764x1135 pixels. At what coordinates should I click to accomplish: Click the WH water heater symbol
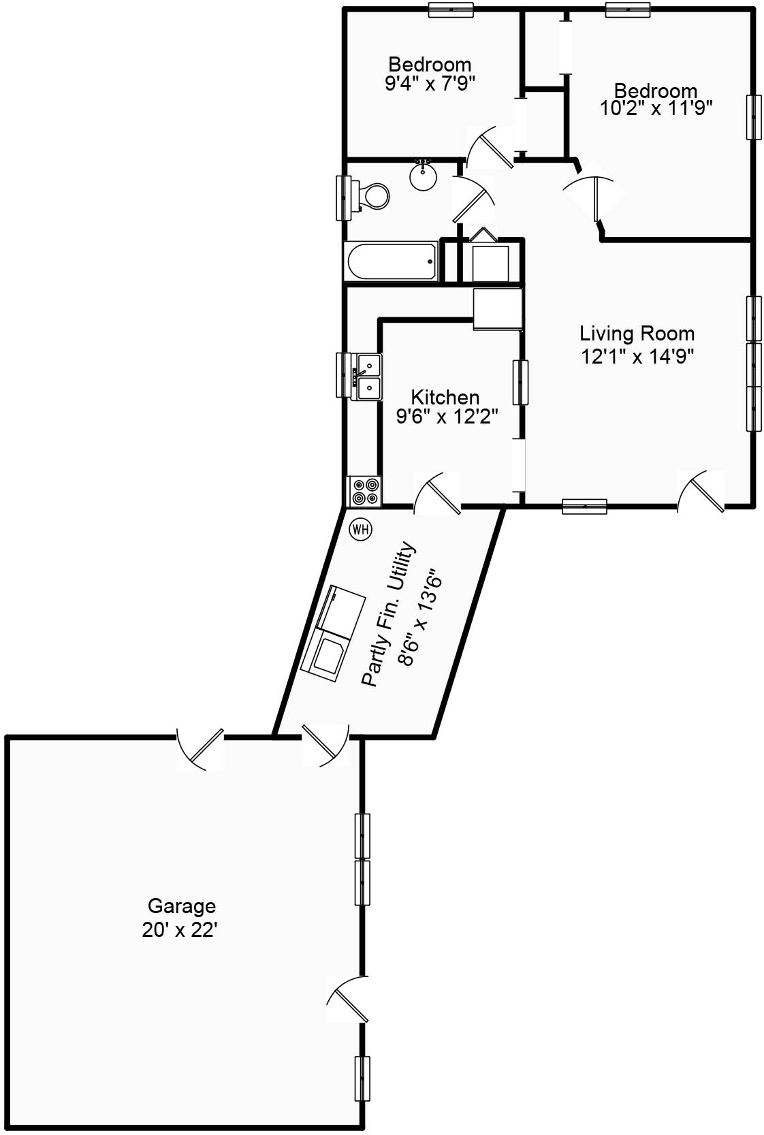[361, 530]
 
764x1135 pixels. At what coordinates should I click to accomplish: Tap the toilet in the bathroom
[372, 195]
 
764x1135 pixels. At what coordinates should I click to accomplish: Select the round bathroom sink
[424, 175]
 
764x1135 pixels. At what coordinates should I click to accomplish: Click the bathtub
[391, 261]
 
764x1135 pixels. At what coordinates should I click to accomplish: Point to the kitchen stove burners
[365, 491]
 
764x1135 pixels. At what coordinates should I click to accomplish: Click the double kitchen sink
[369, 377]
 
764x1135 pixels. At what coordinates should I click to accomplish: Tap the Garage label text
[182, 906]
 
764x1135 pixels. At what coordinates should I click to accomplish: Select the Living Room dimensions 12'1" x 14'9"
[637, 356]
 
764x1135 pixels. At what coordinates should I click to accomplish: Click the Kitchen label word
[445, 397]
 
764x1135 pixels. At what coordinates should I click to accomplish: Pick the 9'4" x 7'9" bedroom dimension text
[430, 83]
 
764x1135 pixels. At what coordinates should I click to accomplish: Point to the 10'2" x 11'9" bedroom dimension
[656, 108]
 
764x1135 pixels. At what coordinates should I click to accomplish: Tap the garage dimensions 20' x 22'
[180, 930]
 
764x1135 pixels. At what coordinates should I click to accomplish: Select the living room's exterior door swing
[701, 491]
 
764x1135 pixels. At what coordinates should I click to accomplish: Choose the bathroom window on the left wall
[344, 198]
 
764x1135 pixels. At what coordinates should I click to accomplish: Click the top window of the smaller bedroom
[450, 9]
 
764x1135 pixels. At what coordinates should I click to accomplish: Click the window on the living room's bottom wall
[585, 506]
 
